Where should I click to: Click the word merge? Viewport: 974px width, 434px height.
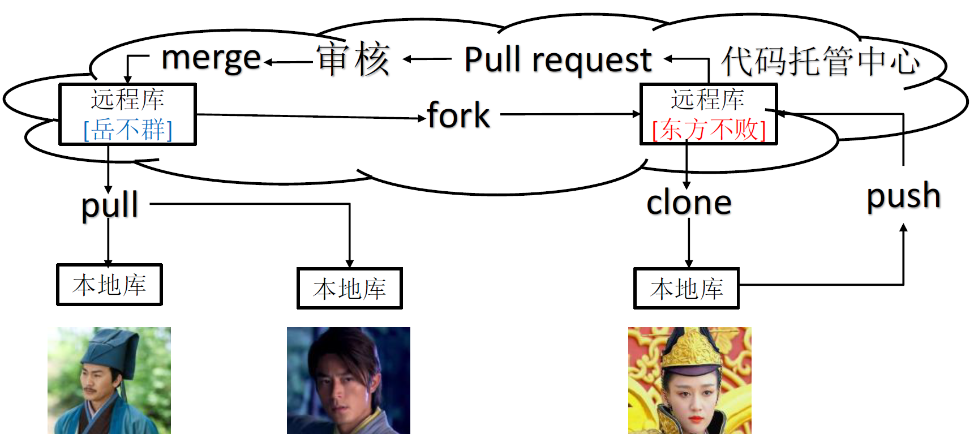pyautogui.click(x=211, y=59)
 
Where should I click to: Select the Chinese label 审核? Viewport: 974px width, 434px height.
pyautogui.click(x=354, y=59)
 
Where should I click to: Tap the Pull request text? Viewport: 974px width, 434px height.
pyautogui.click(x=558, y=59)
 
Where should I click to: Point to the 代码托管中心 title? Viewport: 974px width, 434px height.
pyautogui.click(x=821, y=61)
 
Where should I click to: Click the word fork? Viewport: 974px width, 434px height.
pyautogui.click(x=458, y=115)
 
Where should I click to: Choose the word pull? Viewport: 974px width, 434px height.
pyautogui.click(x=110, y=205)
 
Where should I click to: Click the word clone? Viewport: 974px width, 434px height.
pyautogui.click(x=689, y=203)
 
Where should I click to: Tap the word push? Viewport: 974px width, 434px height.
pyautogui.click(x=904, y=196)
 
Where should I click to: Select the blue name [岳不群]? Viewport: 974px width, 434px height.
pyautogui.click(x=128, y=129)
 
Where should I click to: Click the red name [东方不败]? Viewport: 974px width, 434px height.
pyautogui.click(x=709, y=129)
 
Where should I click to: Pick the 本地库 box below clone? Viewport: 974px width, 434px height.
pyautogui.click(x=686, y=289)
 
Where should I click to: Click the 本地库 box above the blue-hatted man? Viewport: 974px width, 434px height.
pyautogui.click(x=110, y=285)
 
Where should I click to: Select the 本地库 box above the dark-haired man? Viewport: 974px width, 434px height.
pyautogui.click(x=350, y=289)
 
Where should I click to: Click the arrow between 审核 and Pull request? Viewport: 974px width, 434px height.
pyautogui.click(x=427, y=58)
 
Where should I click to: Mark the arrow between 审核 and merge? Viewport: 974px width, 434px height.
pyautogui.click(x=289, y=62)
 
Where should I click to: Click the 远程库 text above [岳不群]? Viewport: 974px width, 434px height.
pyautogui.click(x=128, y=100)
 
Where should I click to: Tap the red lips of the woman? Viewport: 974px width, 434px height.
pyautogui.click(x=695, y=420)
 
